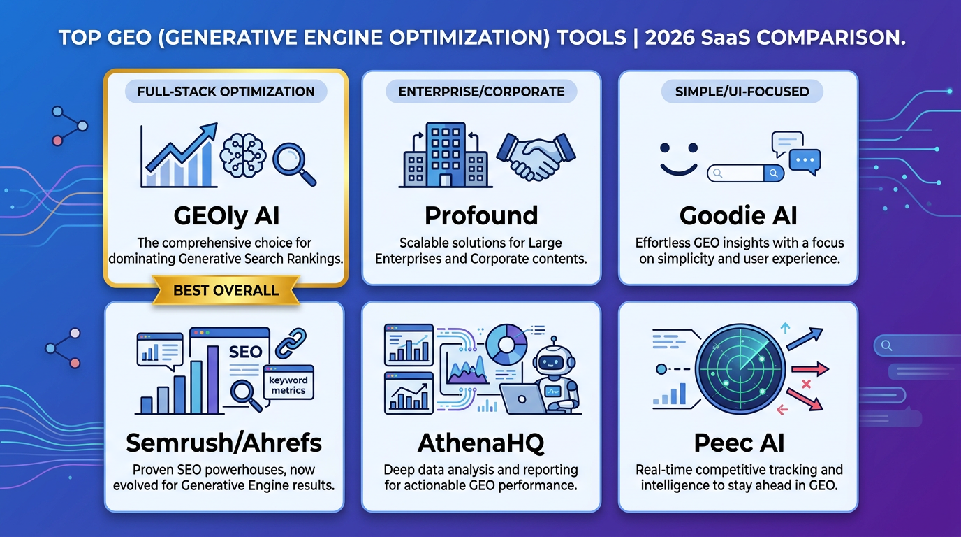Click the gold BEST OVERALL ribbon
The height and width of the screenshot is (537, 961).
pos(226,290)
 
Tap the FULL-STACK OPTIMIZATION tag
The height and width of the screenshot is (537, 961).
pos(226,92)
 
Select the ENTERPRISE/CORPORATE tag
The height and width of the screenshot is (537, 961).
pos(481,92)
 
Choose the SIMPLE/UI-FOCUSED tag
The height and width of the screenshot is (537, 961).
pos(742,92)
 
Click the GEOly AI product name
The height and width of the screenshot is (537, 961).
pos(226,216)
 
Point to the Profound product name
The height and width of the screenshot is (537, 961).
pos(481,215)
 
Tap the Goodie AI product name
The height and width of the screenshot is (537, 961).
pos(738,215)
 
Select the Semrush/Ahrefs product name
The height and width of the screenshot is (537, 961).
pos(224,443)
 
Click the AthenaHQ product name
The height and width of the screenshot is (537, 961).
pos(481,443)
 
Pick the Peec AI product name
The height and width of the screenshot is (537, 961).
pos(739,443)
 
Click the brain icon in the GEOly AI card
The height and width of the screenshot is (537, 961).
pos(243,155)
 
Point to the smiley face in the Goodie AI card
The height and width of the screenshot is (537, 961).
pos(679,159)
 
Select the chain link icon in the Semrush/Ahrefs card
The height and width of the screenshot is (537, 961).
pos(291,344)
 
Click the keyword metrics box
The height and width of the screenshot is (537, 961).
pos(288,382)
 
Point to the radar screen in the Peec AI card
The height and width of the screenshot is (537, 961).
pos(740,368)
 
